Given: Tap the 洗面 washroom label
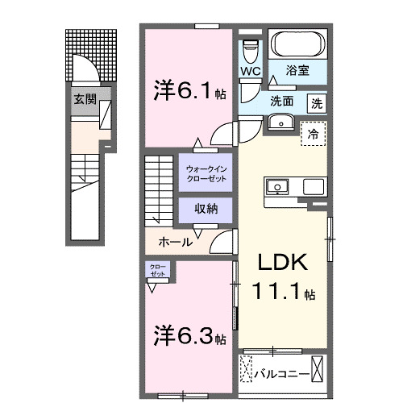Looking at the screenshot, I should (x=281, y=102).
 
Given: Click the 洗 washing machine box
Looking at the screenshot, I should (x=318, y=102).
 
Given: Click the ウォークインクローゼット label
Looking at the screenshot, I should (x=206, y=172).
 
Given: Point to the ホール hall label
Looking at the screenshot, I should (x=175, y=241).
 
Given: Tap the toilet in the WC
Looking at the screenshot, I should (x=250, y=50).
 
